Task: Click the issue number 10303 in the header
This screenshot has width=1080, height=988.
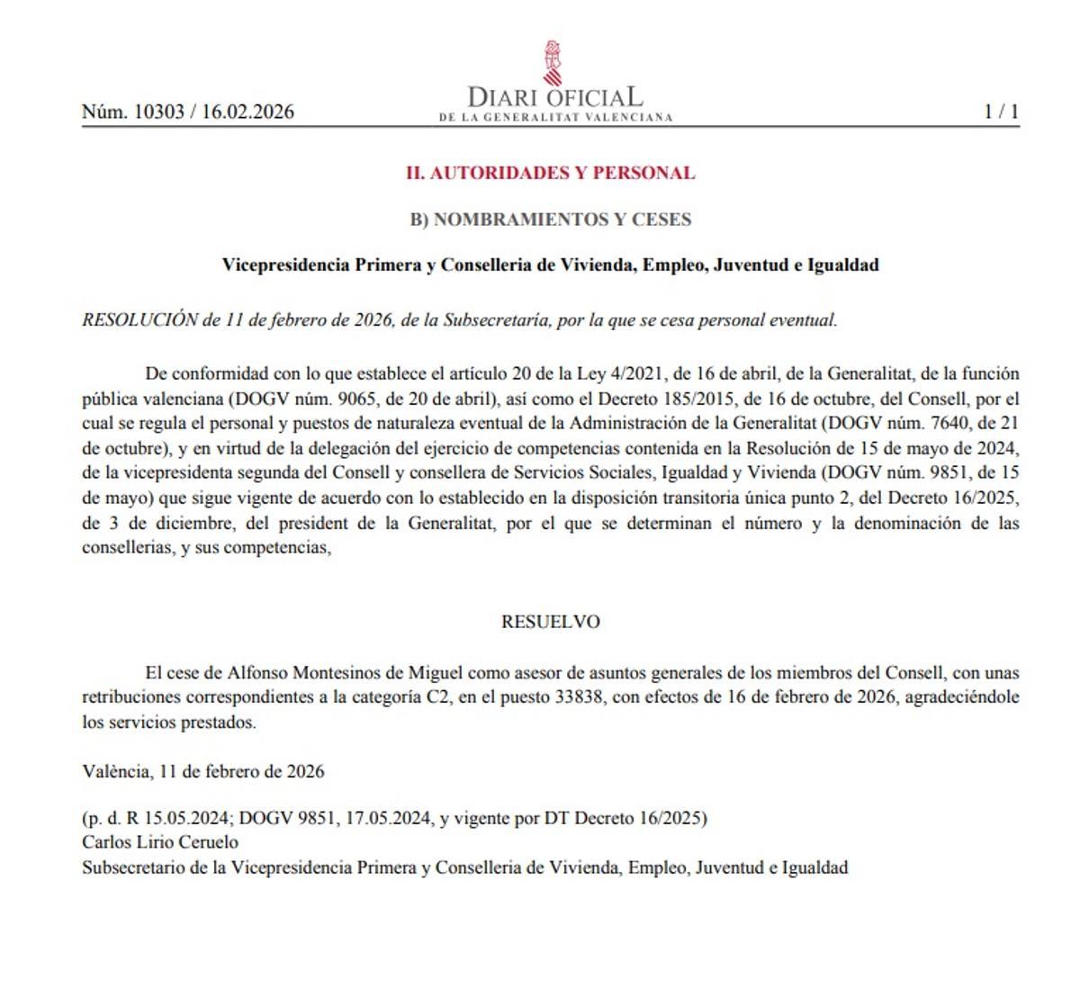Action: tap(158, 112)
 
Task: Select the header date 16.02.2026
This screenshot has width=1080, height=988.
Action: tap(247, 112)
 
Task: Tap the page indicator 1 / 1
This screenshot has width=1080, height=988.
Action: tap(1001, 112)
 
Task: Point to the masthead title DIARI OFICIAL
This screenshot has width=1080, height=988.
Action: tap(555, 96)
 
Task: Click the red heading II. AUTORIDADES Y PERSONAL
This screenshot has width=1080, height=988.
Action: tap(550, 173)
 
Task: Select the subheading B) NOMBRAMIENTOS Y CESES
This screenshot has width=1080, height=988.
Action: tap(550, 220)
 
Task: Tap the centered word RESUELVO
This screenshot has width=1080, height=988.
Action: tap(550, 622)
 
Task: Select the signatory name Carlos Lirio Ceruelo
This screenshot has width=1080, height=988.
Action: tap(160, 843)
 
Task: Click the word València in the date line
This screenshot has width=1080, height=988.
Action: tap(115, 772)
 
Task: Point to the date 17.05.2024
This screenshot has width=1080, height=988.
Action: tap(391, 819)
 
